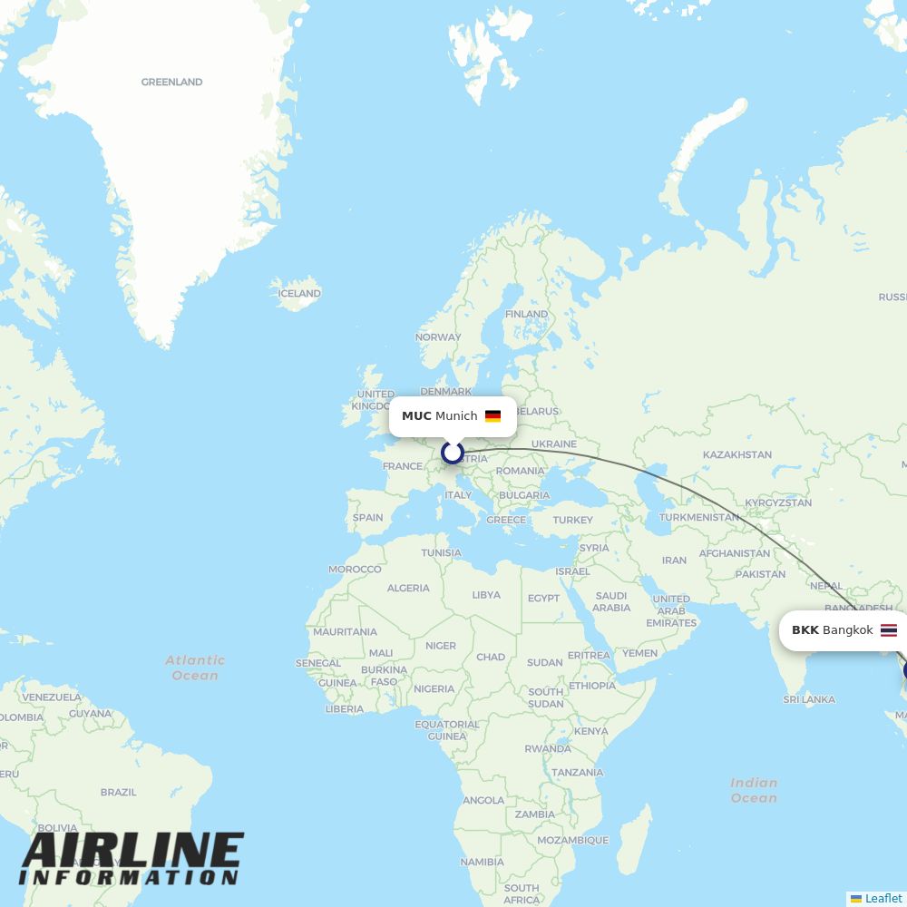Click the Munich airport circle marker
[x=453, y=452]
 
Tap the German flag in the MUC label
[x=493, y=416]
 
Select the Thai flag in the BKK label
[x=889, y=630]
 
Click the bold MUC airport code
[x=416, y=416]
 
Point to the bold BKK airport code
[x=805, y=630]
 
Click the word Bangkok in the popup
[x=847, y=630]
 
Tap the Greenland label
[x=171, y=83]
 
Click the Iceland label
[x=299, y=294]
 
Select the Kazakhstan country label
[x=737, y=454]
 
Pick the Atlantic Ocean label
[x=195, y=668]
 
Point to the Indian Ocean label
[x=754, y=790]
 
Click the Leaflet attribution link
[x=883, y=898]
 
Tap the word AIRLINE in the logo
[x=132, y=852]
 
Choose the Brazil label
[x=119, y=792]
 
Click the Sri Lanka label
[x=808, y=699]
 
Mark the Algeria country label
[x=408, y=588]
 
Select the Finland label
[x=526, y=314]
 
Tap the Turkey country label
[x=572, y=520]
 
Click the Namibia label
[x=482, y=863]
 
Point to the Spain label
[x=367, y=518]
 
